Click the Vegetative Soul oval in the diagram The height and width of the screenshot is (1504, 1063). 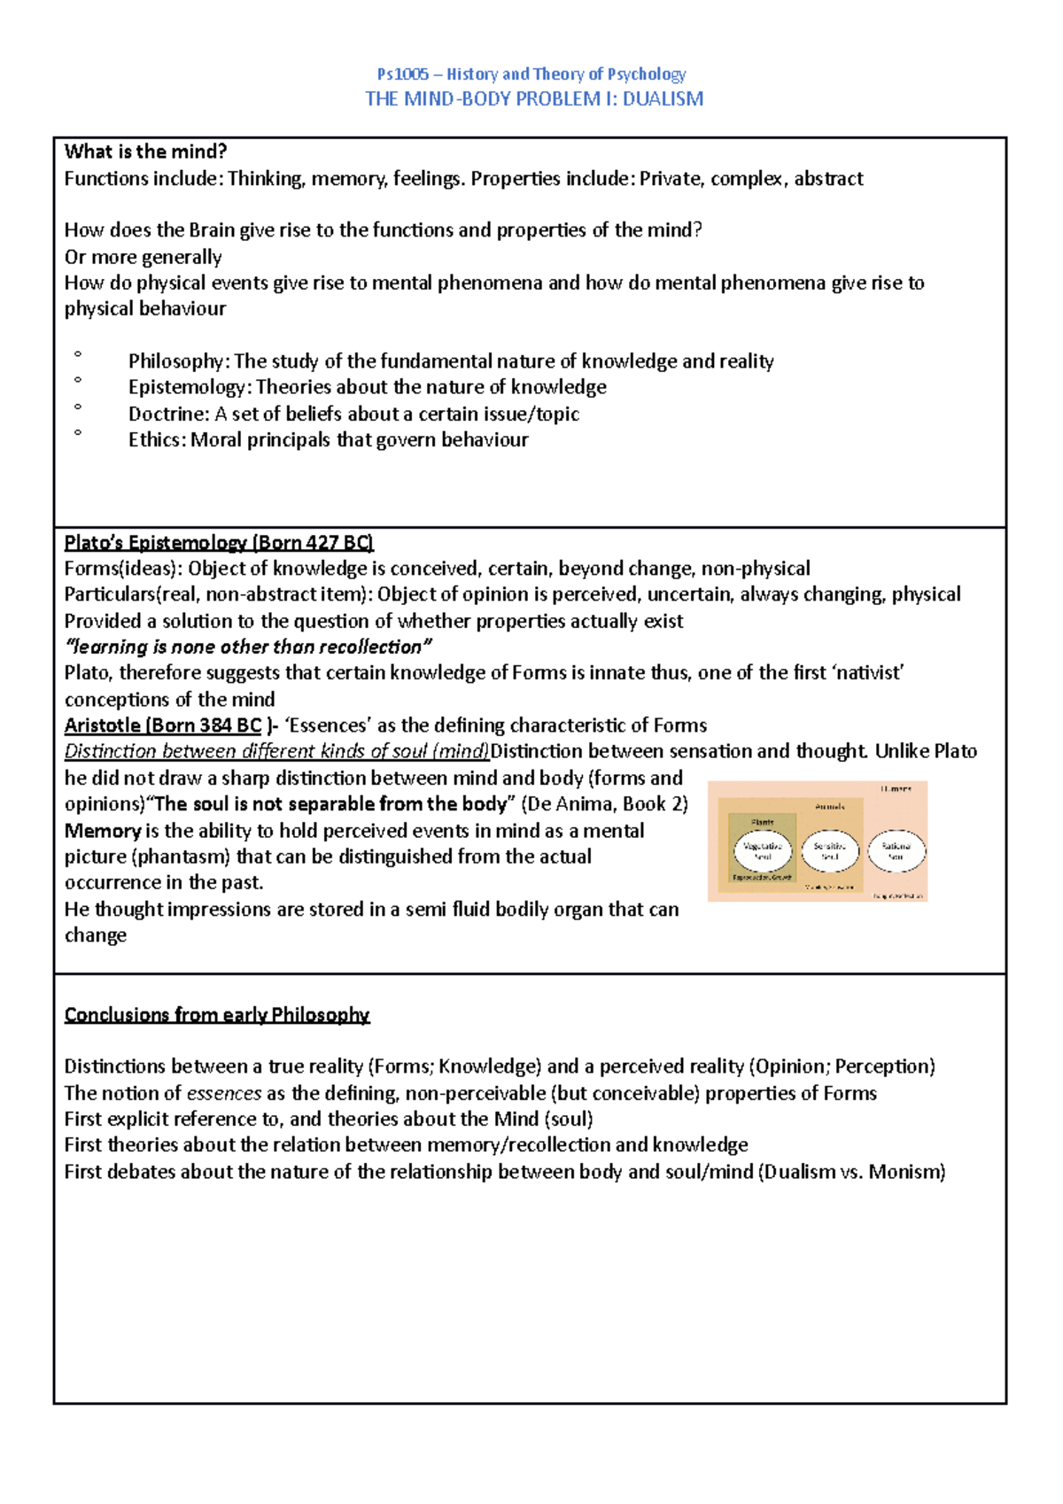pos(762,851)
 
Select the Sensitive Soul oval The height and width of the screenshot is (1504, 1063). pos(830,851)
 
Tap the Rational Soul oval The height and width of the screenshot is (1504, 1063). pos(896,851)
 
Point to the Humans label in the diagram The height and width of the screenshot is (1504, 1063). pos(896,788)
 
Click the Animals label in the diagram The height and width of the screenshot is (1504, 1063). pos(830,806)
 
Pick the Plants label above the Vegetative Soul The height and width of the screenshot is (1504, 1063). pos(762,822)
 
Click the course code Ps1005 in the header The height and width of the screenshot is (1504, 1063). pos(402,74)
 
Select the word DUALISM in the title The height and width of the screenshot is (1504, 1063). pos(663,99)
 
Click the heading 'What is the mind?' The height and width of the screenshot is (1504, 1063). pos(146,151)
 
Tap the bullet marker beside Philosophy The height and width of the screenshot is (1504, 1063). pos(78,354)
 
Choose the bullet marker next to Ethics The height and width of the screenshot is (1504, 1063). pos(78,433)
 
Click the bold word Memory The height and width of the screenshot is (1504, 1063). pos(103,831)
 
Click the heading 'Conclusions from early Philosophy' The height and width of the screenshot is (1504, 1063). pos(217,1015)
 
